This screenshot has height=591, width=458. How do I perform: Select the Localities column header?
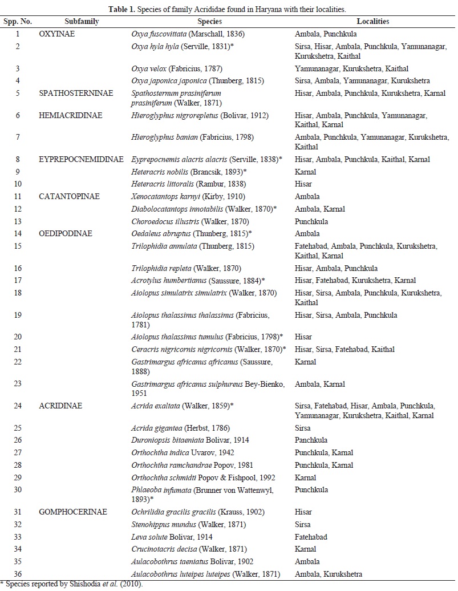point(374,21)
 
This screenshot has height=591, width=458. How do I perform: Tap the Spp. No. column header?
point(18,21)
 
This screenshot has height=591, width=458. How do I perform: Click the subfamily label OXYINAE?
point(57,34)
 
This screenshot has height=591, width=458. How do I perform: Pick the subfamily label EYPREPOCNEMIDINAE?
point(82,160)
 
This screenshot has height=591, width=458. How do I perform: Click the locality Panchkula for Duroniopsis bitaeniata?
point(311,440)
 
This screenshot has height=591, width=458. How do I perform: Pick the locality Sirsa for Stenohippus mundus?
point(303,524)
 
